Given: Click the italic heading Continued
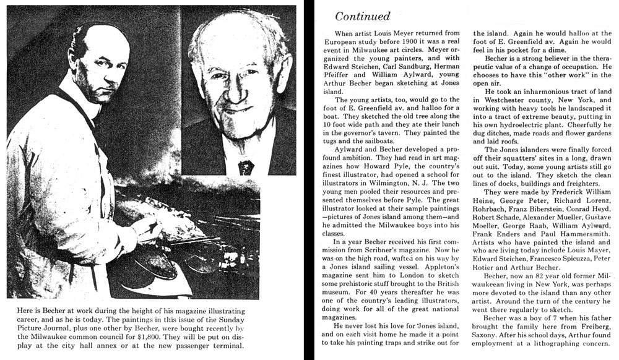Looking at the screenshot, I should (362, 15).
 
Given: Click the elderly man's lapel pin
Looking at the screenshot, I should (246, 167).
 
